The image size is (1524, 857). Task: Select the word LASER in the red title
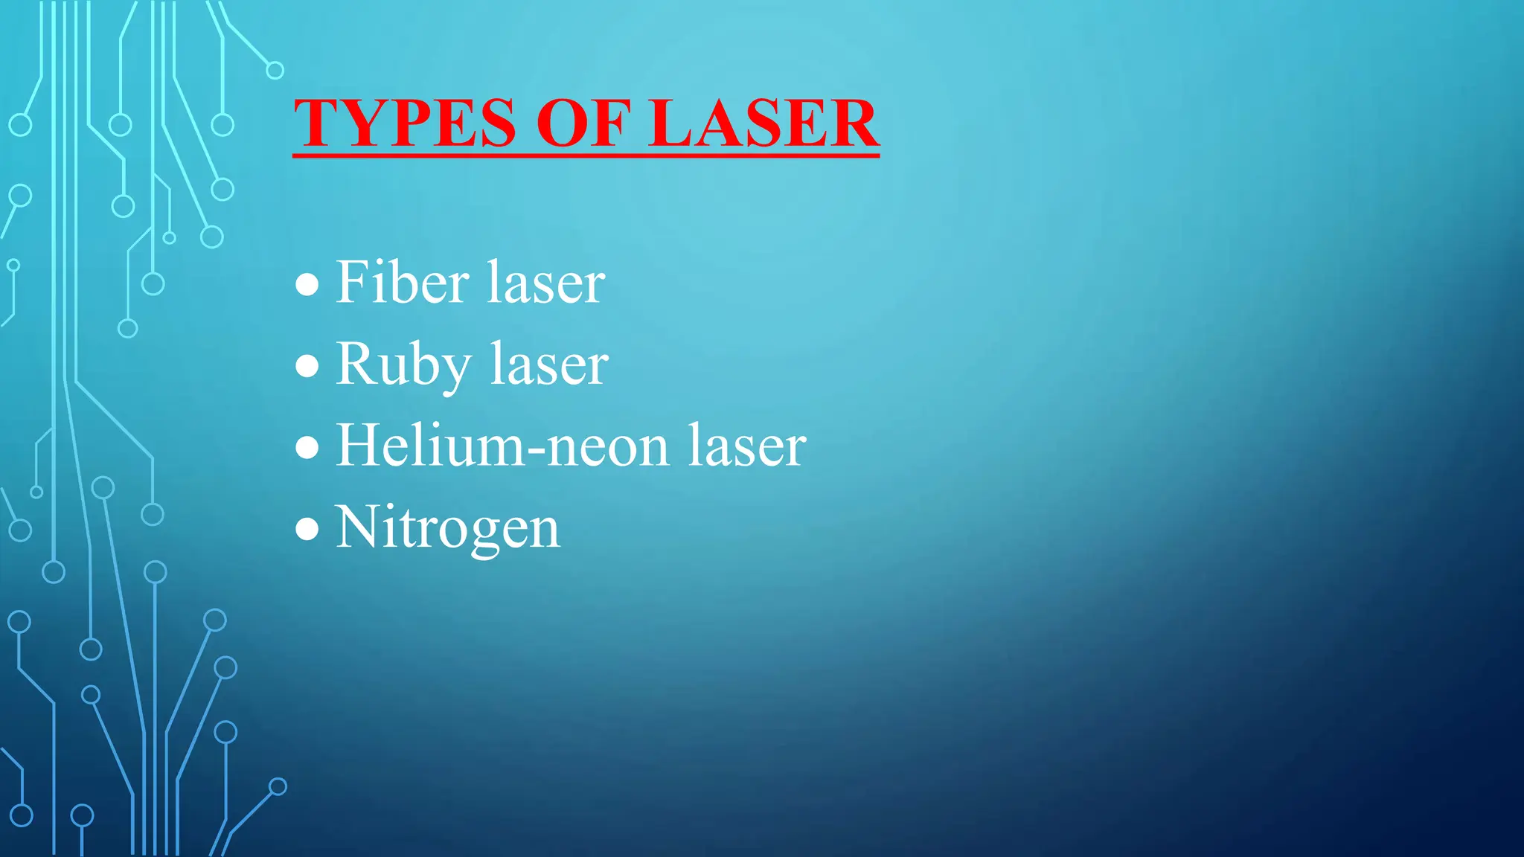point(763,123)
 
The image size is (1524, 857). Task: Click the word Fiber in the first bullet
point(402,283)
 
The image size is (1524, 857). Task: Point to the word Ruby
point(403,365)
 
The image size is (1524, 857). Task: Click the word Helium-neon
point(503,446)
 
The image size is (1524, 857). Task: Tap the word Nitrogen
point(447,527)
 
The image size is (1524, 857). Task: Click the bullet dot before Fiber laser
point(307,284)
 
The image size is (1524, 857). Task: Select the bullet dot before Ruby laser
point(307,366)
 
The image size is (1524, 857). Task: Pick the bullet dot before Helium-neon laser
point(307,447)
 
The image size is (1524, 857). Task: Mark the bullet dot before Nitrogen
point(307,529)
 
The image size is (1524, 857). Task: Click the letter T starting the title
point(316,123)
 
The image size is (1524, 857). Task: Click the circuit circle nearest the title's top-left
point(275,71)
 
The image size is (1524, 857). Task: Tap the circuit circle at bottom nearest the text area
point(278,786)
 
